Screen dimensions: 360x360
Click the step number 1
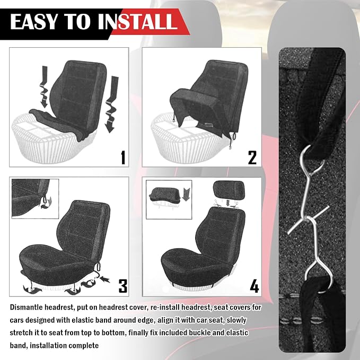(124, 157)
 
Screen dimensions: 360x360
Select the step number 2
(252, 157)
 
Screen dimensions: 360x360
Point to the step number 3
(123, 286)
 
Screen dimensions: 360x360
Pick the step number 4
(254, 286)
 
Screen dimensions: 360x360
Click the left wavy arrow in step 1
(45, 87)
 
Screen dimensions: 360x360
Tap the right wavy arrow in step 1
(111, 104)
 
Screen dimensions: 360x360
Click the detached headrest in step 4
(229, 190)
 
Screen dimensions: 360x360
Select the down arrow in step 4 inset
(186, 194)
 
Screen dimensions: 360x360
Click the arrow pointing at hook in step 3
(105, 279)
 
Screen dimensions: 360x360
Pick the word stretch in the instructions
(21, 332)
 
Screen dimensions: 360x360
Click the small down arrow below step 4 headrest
(228, 203)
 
